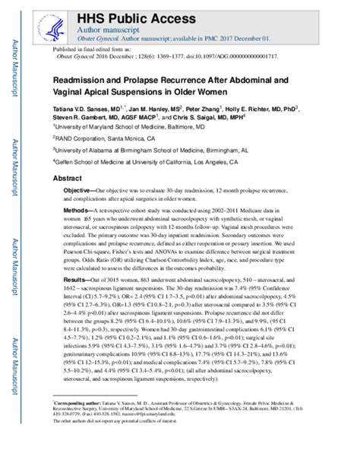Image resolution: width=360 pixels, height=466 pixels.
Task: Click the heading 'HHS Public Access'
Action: pyautogui.click(x=132, y=11)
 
